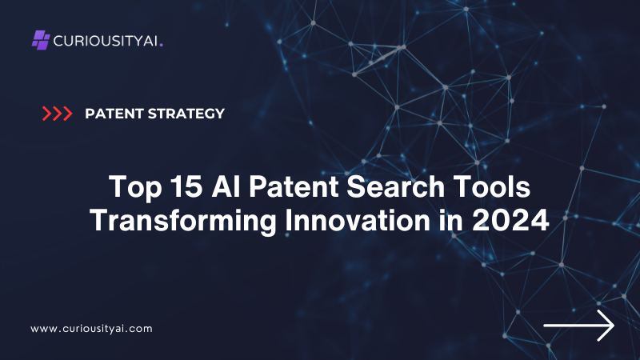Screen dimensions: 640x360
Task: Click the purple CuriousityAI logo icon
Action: click(x=41, y=40)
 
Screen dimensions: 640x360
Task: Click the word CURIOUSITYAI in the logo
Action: click(x=106, y=41)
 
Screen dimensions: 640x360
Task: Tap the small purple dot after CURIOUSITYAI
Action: click(x=162, y=45)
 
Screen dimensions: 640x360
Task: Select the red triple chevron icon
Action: click(x=57, y=114)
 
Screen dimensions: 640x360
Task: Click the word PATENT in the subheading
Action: click(x=114, y=114)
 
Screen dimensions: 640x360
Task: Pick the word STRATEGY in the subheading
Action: click(x=186, y=114)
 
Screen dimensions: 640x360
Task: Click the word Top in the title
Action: click(x=135, y=187)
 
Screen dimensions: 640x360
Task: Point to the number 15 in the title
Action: click(x=186, y=186)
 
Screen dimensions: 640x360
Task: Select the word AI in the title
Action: click(x=226, y=186)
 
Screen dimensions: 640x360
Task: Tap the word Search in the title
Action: click(x=396, y=186)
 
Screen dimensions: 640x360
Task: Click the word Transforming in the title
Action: click(x=183, y=221)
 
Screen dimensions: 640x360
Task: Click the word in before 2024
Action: click(x=451, y=221)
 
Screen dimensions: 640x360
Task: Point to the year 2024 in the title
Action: click(x=510, y=221)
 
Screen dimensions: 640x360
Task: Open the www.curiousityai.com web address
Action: click(x=91, y=329)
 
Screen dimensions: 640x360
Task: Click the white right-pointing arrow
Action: click(x=578, y=326)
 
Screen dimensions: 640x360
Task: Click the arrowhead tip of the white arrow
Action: click(x=614, y=326)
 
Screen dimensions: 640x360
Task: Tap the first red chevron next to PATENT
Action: click(x=47, y=114)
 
